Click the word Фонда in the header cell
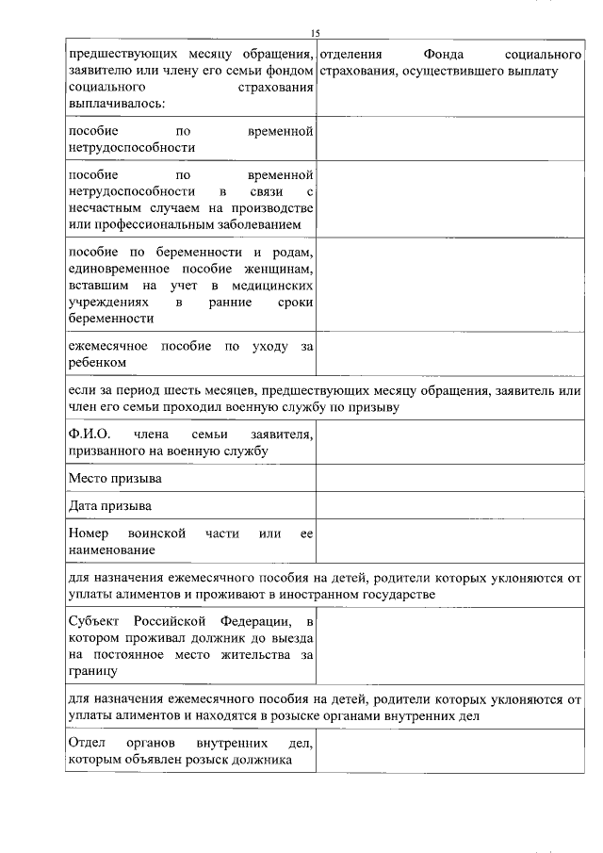pos(444,54)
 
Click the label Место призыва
pos(114,479)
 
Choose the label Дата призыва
pos(110,506)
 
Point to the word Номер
pos(90,533)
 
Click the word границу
pos(93,672)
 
